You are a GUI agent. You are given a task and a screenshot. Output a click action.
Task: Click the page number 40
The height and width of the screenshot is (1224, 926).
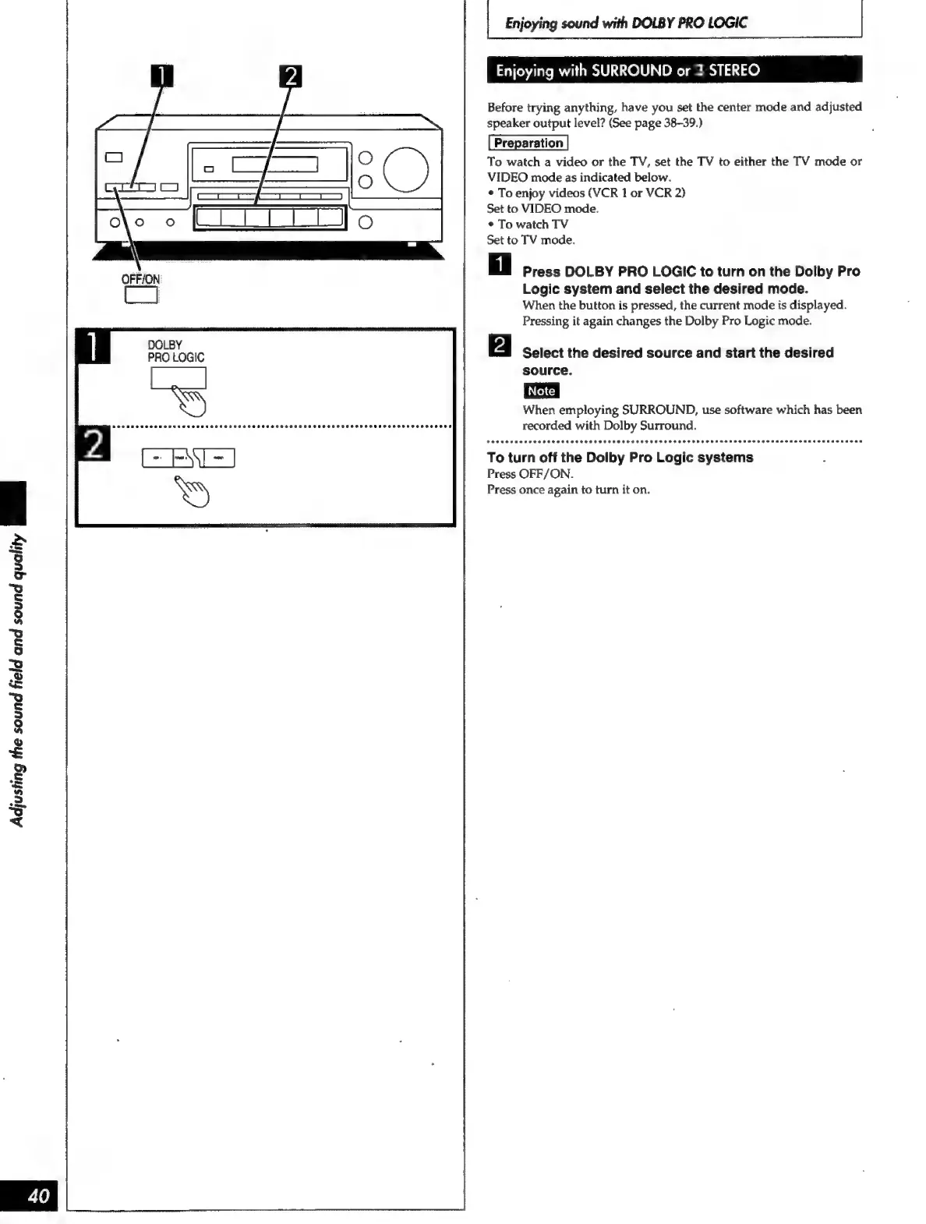[x=37, y=1195]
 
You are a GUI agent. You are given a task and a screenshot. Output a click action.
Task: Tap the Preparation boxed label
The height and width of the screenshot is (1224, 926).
[x=528, y=143]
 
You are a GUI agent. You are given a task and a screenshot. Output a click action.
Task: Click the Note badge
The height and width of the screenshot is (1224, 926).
[x=541, y=391]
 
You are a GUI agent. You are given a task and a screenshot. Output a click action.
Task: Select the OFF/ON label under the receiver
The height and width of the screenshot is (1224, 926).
[x=140, y=279]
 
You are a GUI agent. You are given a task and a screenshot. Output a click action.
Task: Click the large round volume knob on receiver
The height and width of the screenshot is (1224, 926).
[x=405, y=168]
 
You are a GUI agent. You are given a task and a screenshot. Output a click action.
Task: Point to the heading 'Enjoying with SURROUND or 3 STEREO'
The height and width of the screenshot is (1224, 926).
[x=627, y=70]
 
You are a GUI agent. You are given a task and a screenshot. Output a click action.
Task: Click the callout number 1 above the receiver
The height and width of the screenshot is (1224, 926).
[x=161, y=76]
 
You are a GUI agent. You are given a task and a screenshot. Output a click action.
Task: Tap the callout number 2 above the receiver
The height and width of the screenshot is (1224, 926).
[x=290, y=76]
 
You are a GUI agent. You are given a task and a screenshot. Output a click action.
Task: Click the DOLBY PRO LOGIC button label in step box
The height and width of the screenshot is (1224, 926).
[x=175, y=351]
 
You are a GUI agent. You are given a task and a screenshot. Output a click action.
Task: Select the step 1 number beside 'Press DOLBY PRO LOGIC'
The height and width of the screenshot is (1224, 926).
[x=500, y=264]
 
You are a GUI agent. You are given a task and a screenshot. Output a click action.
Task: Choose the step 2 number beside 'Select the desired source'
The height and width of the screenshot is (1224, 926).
[x=500, y=345]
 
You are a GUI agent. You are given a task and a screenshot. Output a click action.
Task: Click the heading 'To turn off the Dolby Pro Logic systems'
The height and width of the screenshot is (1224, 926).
[x=620, y=458]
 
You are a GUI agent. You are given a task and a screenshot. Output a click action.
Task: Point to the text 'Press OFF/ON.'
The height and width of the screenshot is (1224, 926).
[x=530, y=474]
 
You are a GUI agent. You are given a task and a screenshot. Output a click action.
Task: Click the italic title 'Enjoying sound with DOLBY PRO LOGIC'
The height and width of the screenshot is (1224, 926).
[x=625, y=23]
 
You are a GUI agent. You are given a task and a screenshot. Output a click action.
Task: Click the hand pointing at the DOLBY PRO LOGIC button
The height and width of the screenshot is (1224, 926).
[x=190, y=401]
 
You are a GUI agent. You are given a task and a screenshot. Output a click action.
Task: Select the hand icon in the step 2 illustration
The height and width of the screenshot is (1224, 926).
[x=192, y=490]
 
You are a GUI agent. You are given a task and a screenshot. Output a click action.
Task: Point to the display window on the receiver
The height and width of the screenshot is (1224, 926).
[x=274, y=164]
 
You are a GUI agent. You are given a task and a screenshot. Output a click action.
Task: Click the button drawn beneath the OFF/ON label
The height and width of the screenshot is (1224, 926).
[x=141, y=295]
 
